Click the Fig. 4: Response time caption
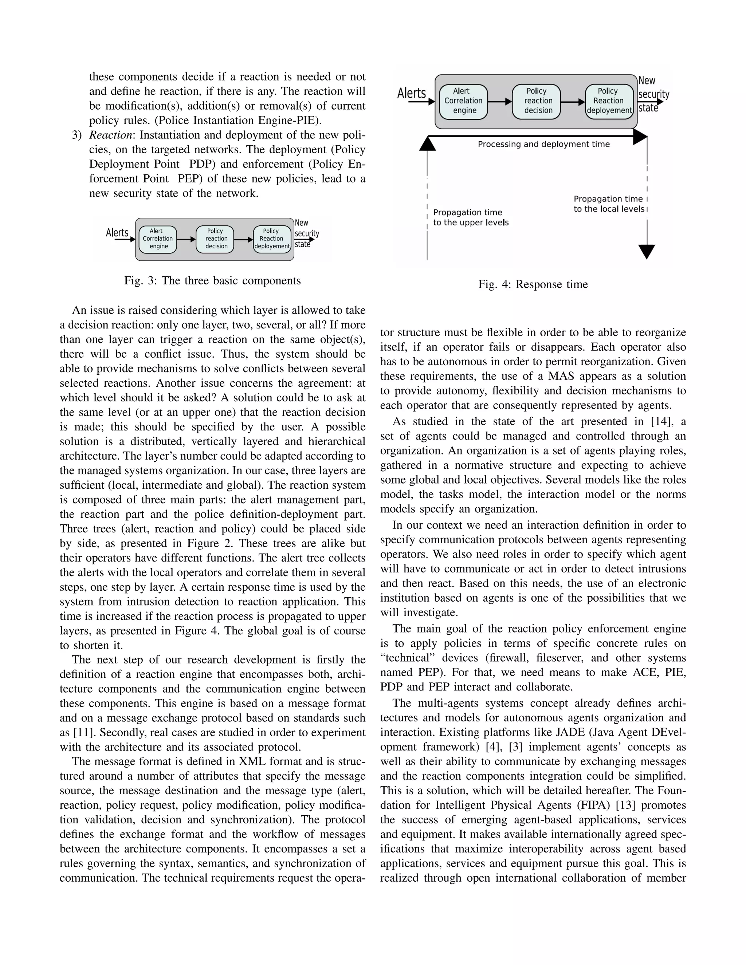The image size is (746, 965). point(533,284)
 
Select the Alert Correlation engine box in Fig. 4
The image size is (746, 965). point(464,101)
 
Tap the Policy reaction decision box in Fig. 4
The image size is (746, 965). point(537,101)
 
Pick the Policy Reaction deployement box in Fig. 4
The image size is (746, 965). point(609,101)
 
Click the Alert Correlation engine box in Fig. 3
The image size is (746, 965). point(158,239)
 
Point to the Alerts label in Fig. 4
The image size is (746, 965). point(412,93)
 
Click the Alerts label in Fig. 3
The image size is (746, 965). point(117,232)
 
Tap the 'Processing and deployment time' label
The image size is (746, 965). point(543,145)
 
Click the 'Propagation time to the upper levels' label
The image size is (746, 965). point(471,217)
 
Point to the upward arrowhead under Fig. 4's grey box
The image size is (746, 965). point(427,143)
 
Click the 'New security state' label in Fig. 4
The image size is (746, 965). point(653,94)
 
